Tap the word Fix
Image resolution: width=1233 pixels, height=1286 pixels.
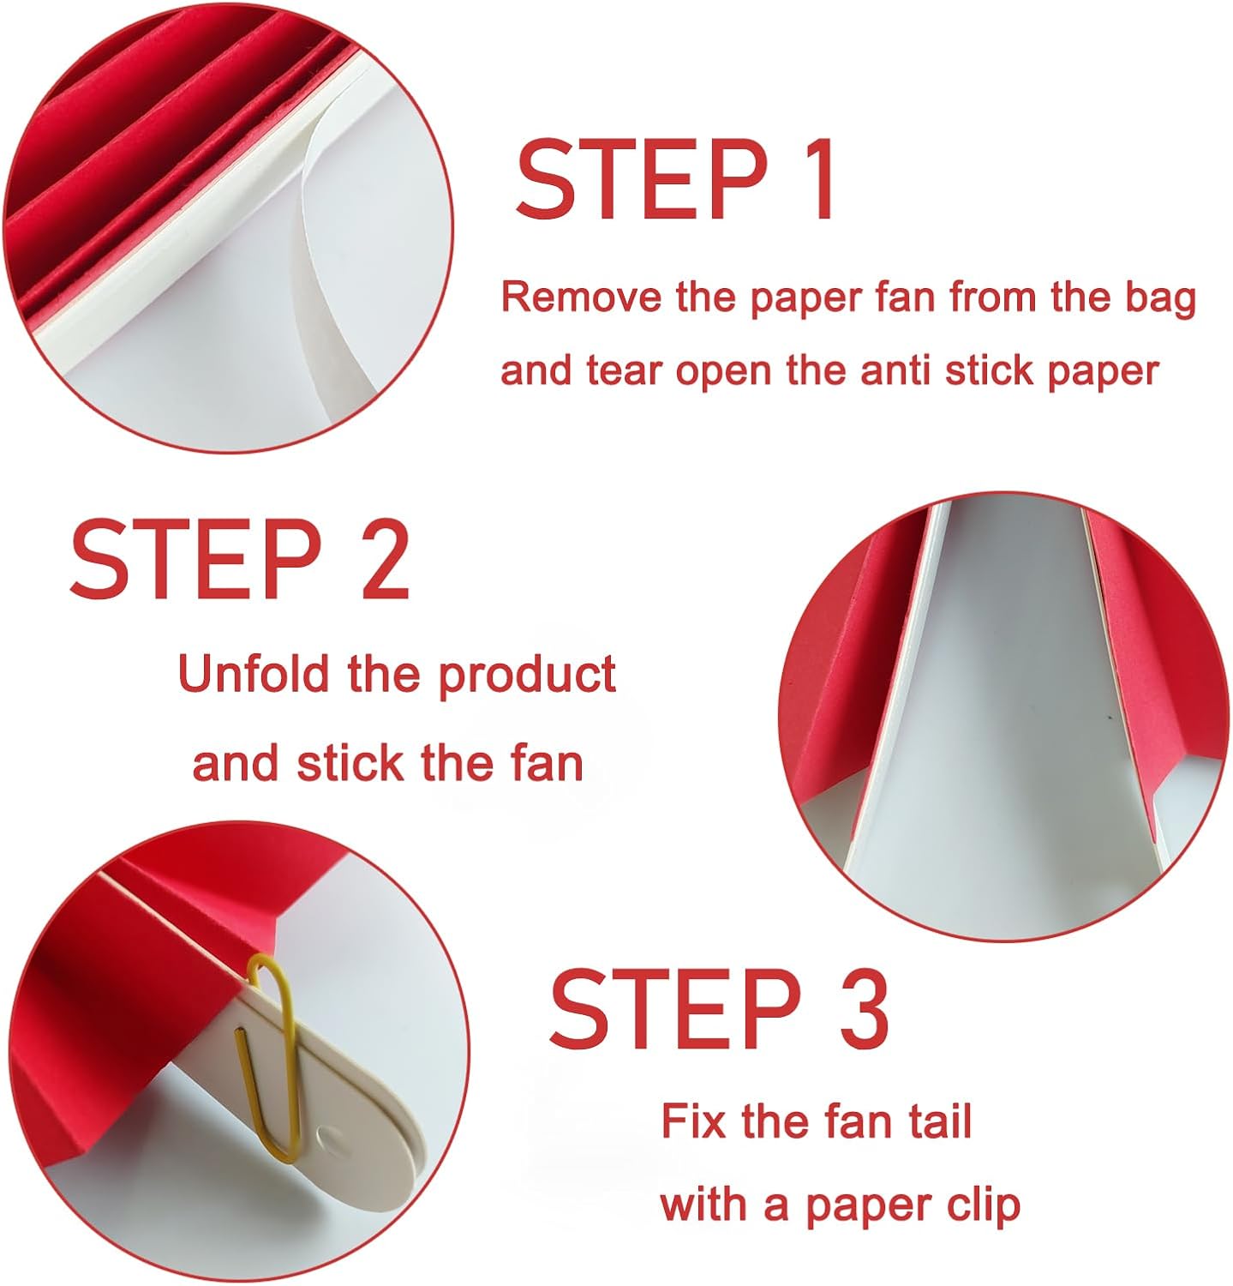pyautogui.click(x=693, y=1121)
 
